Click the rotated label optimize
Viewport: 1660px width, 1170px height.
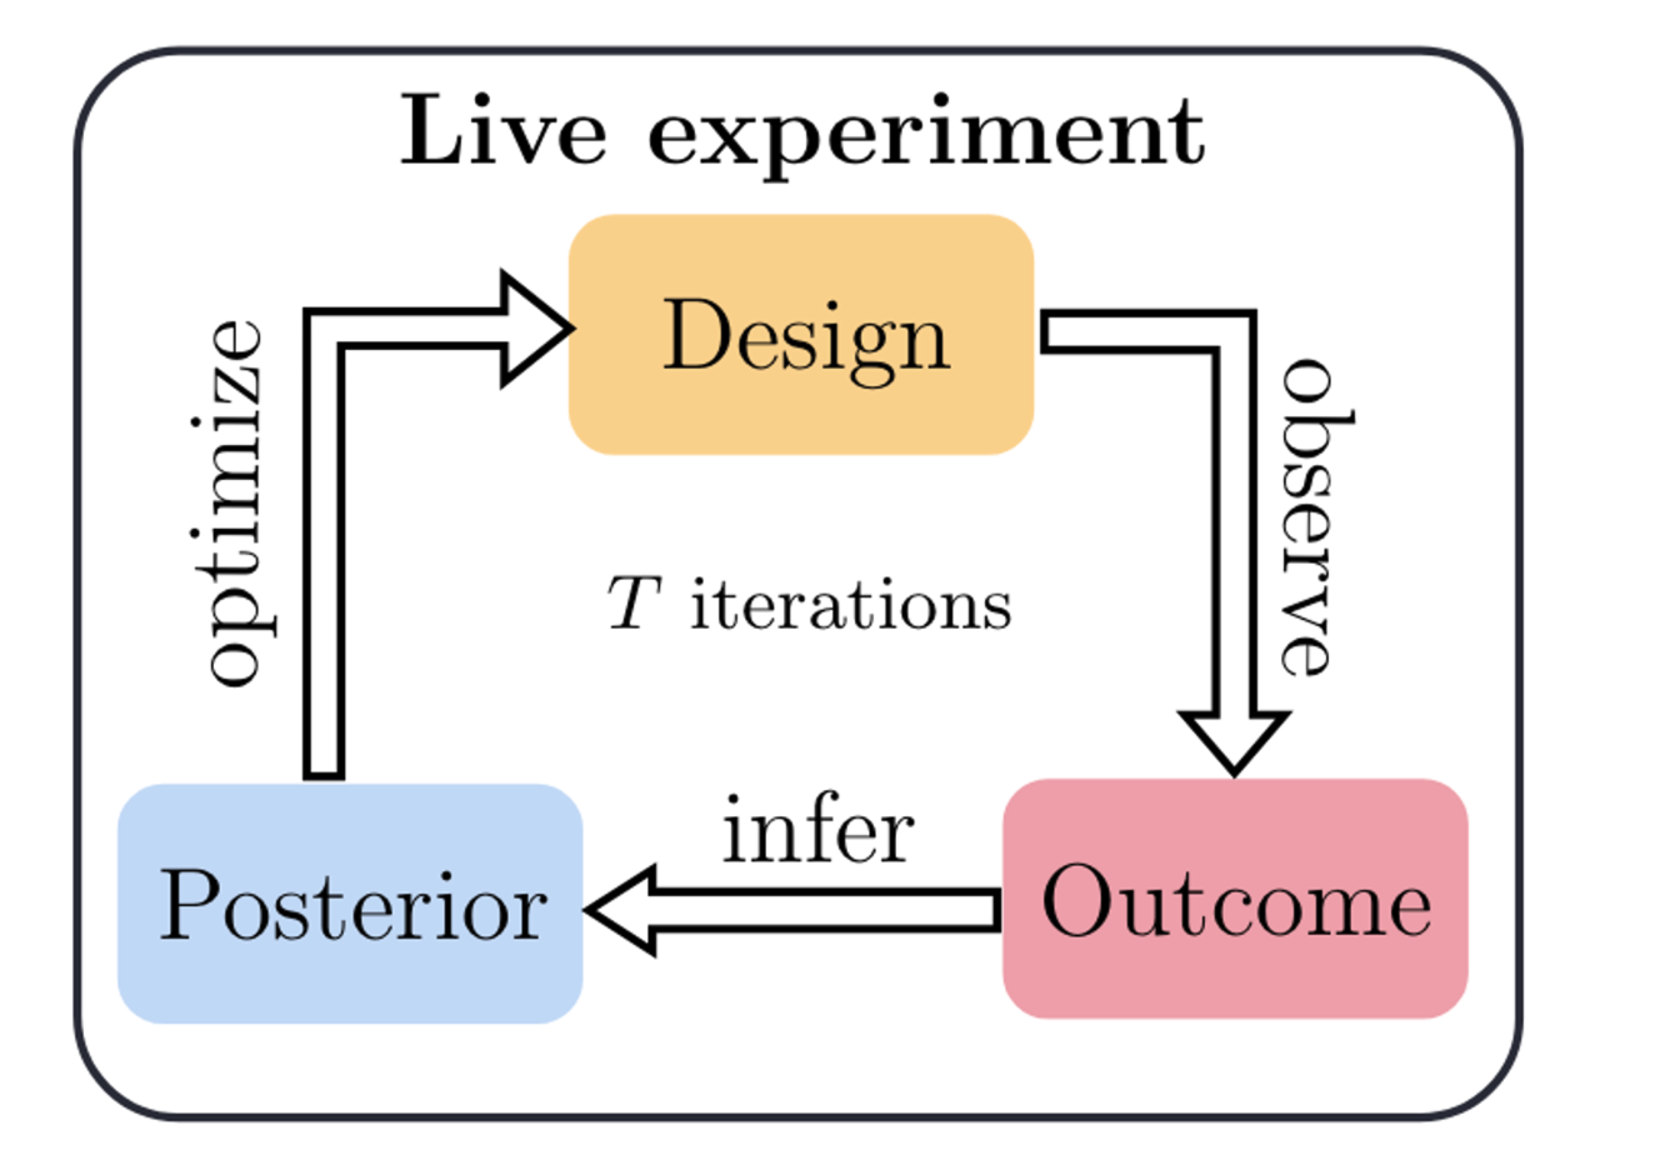pos(235,502)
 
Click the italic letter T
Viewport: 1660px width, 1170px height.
pos(633,604)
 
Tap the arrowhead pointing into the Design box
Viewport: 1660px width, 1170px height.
pos(539,329)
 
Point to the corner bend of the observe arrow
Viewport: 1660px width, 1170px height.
pos(1235,332)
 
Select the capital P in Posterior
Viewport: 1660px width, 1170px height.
pos(189,903)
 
